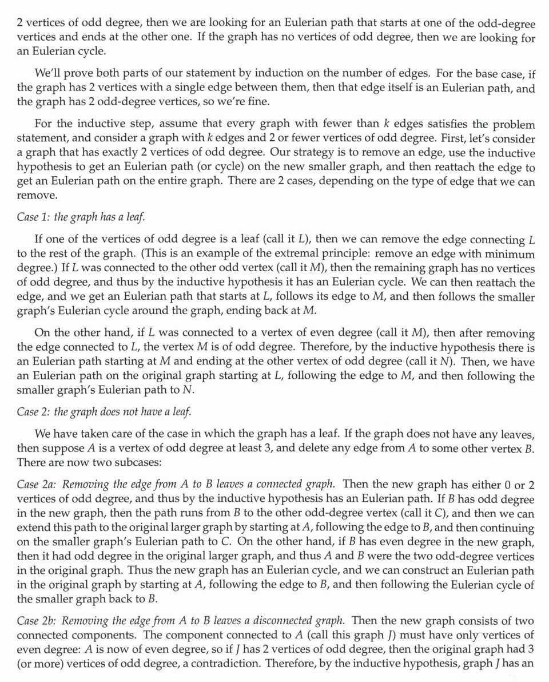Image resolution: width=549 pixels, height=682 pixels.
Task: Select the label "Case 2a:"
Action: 37,485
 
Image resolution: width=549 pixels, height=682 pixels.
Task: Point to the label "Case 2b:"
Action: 37,621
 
